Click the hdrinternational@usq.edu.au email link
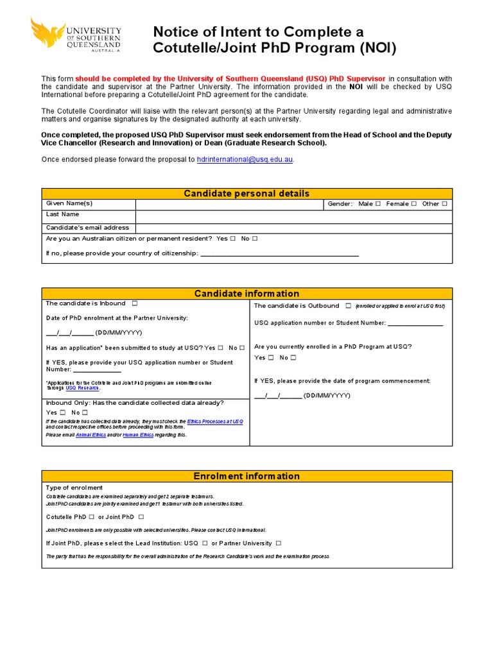(245, 159)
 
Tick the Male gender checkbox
(378, 204)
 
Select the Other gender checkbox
(444, 204)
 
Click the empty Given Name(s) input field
(229, 204)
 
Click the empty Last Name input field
(293, 216)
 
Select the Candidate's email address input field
(293, 228)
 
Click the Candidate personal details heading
(246, 194)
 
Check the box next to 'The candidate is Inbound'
(135, 303)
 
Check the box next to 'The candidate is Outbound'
(348, 306)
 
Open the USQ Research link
(82, 388)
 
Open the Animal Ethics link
(88, 435)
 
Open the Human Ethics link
(138, 435)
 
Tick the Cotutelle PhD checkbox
(92, 516)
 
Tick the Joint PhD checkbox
(141, 516)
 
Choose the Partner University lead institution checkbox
(279, 543)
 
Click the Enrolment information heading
(246, 476)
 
